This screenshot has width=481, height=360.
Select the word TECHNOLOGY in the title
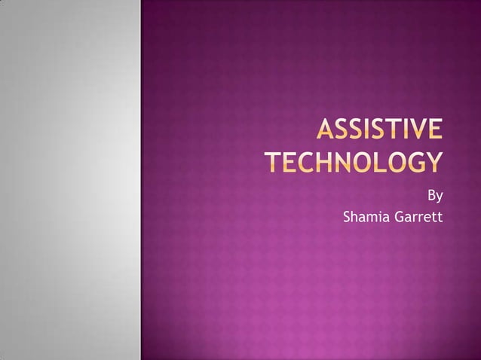coord(354,162)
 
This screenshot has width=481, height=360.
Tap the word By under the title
coord(435,197)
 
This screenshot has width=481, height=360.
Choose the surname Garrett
coord(415,218)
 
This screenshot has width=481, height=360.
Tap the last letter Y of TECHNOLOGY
coord(434,162)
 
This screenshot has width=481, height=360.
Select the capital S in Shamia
coord(347,218)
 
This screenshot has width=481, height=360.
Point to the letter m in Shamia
coord(369,218)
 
